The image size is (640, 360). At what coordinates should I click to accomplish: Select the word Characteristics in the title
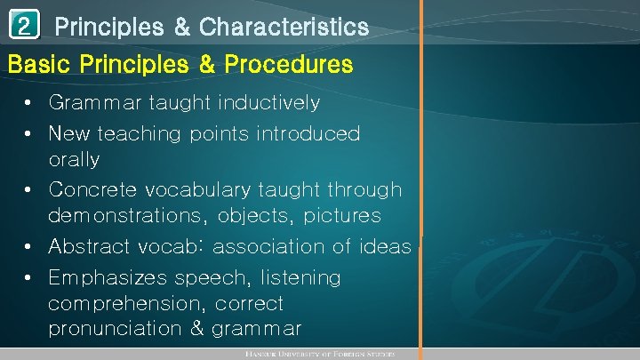284,28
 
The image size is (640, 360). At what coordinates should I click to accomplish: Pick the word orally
74,160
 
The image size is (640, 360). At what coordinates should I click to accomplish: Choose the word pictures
342,217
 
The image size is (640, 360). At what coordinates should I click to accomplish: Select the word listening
297,278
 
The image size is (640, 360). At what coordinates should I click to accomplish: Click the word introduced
306,133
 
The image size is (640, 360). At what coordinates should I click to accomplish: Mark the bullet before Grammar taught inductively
30,104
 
